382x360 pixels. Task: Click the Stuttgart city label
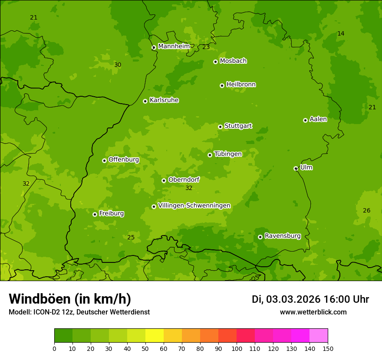click(x=238, y=126)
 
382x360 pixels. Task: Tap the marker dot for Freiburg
click(x=95, y=214)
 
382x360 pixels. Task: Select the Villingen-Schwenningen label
click(x=194, y=206)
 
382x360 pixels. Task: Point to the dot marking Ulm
click(x=296, y=168)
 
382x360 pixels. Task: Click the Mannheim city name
click(x=174, y=46)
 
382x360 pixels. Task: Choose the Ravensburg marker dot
click(x=260, y=237)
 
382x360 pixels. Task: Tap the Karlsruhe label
click(x=164, y=100)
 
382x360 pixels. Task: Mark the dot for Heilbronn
click(x=222, y=85)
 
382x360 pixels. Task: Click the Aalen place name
click(x=318, y=119)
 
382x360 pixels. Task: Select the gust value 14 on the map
click(x=341, y=34)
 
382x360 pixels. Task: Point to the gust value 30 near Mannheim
click(x=118, y=65)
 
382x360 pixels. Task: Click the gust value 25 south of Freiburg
click(x=131, y=237)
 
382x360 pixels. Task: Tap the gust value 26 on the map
click(x=367, y=211)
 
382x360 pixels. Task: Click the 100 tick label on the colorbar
click(x=237, y=348)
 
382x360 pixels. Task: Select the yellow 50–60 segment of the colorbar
click(x=155, y=336)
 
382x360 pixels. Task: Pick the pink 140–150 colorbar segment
click(x=319, y=336)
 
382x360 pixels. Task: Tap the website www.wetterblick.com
click(x=313, y=312)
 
